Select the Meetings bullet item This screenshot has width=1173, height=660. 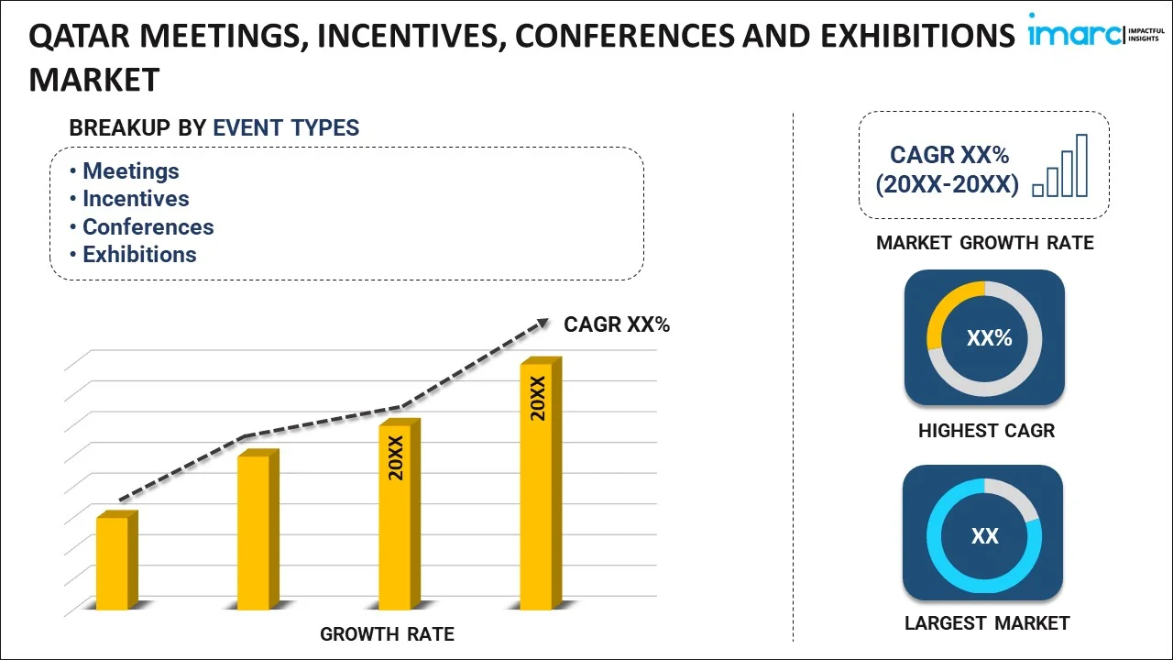(130, 171)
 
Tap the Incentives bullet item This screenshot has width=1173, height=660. (136, 199)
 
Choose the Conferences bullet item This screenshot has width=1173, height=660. (148, 227)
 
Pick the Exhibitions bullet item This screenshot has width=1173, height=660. (139, 255)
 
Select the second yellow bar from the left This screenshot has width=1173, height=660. (254, 531)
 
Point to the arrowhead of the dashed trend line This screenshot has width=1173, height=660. (543, 322)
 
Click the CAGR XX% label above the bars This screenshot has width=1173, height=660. (617, 324)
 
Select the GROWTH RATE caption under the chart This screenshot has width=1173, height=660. (387, 633)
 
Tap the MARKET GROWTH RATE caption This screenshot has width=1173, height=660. (984, 243)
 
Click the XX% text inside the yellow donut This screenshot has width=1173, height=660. (989, 338)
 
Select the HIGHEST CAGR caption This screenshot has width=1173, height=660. (986, 431)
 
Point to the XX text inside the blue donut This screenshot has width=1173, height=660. (984, 536)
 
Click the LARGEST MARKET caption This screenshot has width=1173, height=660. (986, 623)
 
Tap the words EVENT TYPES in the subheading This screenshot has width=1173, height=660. (286, 128)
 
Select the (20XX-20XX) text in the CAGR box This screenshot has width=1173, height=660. (947, 184)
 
